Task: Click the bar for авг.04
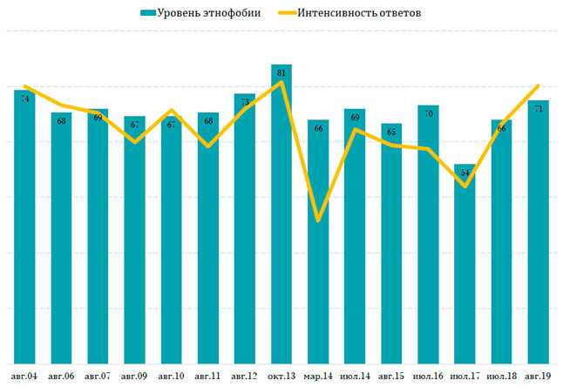24,227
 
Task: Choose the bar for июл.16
428,234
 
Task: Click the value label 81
281,74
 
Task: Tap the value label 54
465,173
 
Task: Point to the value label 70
428,114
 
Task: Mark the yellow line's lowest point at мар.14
318,221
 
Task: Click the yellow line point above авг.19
538,85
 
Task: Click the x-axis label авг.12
245,376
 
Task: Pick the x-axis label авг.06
62,376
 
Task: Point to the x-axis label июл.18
501,376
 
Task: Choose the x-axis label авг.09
135,376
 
